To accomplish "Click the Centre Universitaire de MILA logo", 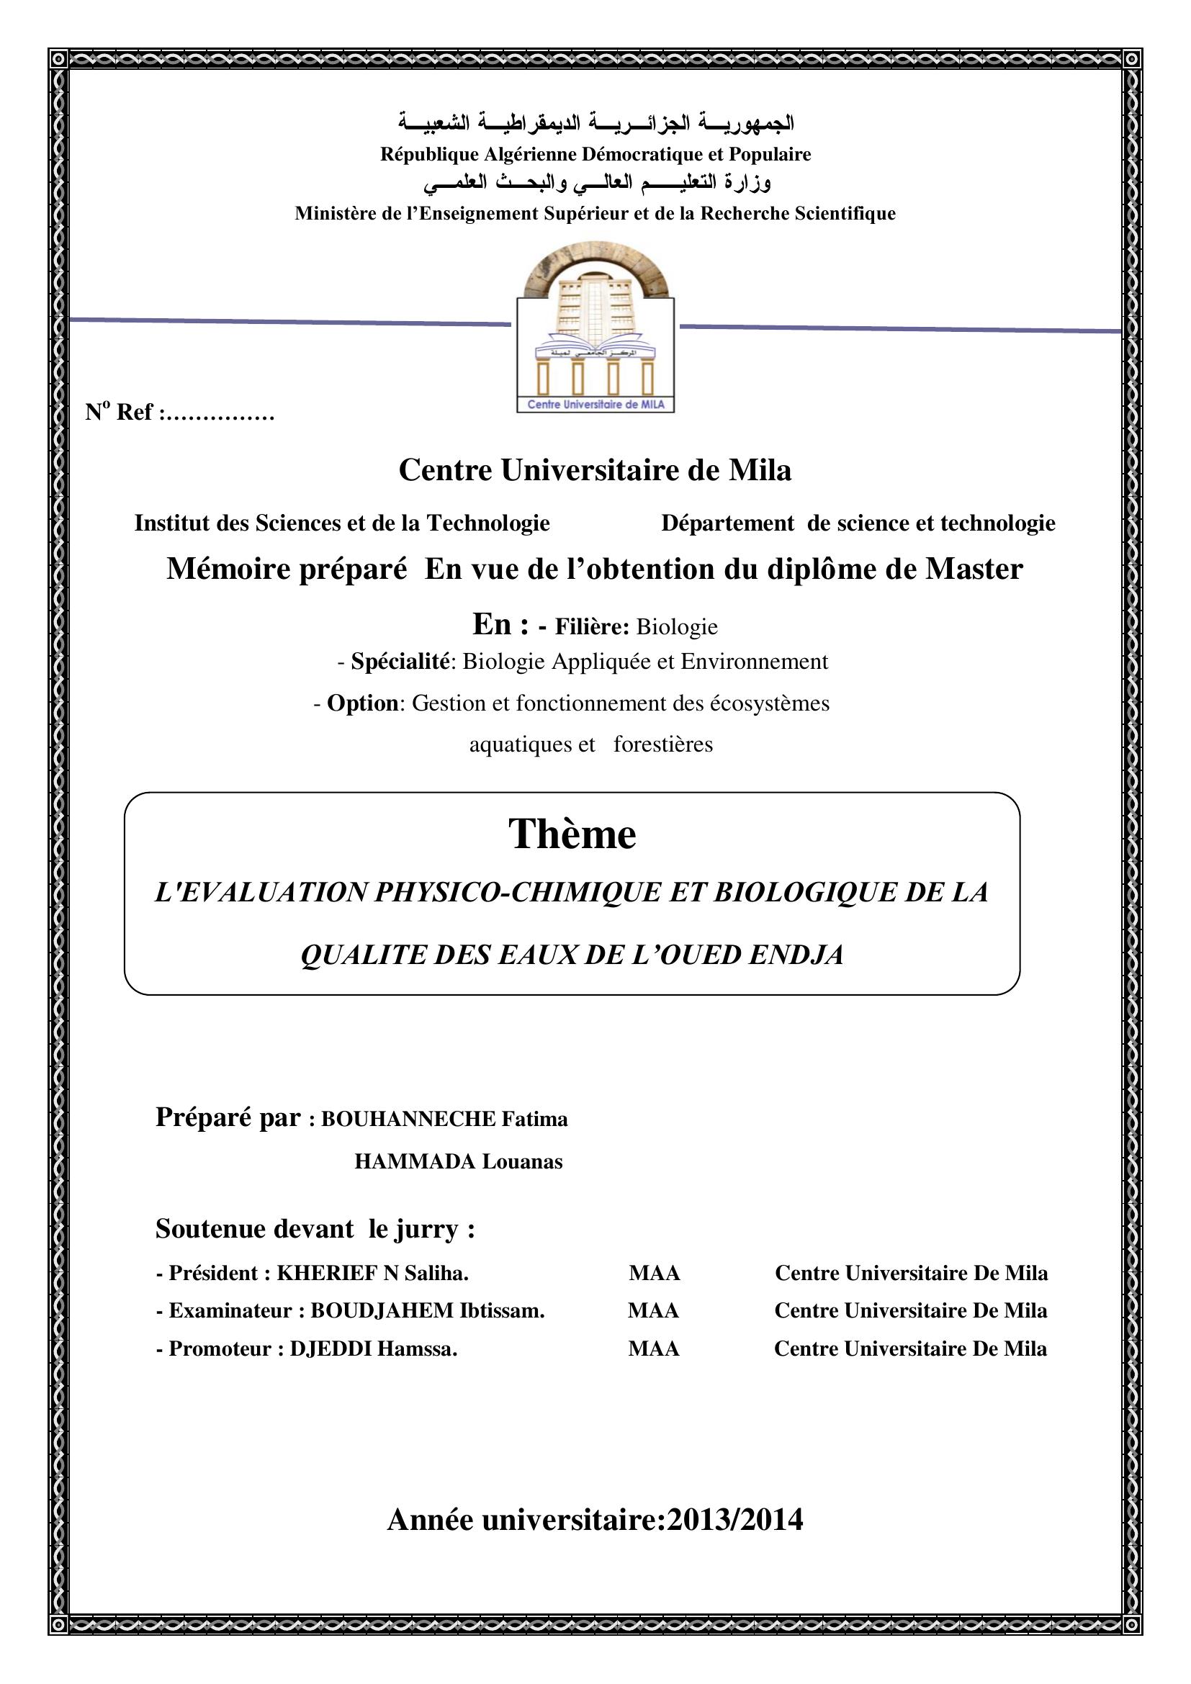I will (595, 327).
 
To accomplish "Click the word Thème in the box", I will (572, 834).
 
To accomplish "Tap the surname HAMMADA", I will (415, 1162).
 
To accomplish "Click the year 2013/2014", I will (734, 1520).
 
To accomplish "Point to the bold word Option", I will (361, 703).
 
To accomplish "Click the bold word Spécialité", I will (400, 662).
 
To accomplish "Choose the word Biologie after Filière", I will (677, 627).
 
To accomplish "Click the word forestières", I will (663, 744).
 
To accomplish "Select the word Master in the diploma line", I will (974, 569).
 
